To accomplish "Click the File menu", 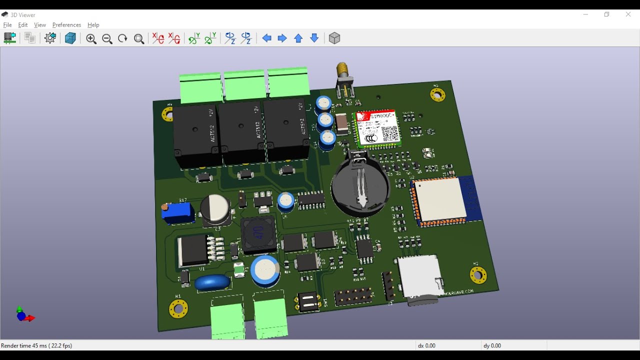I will click(7, 25).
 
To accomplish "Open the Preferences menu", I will click(66, 25).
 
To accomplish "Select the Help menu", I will click(93, 25).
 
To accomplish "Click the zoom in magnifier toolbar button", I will click(91, 38).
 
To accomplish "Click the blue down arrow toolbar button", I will click(314, 38).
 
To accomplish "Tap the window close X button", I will click(628, 14).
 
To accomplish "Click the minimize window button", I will click(585, 14).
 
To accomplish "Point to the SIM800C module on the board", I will click(378, 128).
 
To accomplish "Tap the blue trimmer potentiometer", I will click(177, 212).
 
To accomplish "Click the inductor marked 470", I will click(259, 234).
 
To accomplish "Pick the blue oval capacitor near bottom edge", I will click(212, 282).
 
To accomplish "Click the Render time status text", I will click(36, 345).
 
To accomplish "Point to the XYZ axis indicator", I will click(24, 315).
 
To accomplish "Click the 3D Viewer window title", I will click(23, 15).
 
